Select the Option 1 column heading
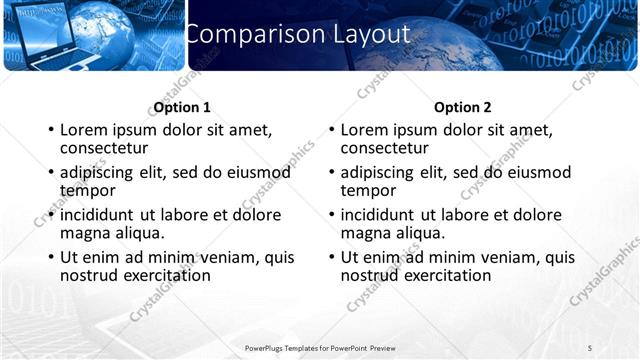tap(182, 107)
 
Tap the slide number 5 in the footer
tap(590, 347)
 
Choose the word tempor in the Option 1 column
tap(88, 190)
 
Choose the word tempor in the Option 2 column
tap(368, 190)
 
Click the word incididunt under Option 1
tap(98, 215)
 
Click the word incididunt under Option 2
tap(378, 215)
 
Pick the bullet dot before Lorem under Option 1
tap(50, 131)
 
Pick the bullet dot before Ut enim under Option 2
tap(331, 258)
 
